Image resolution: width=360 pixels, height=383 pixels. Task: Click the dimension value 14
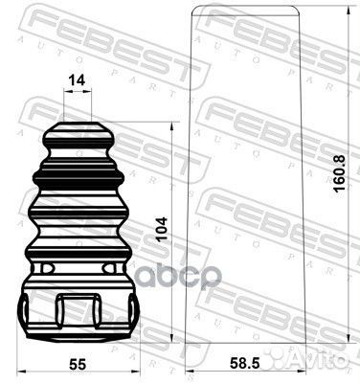(x=78, y=79)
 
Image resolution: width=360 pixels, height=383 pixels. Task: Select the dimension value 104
(x=162, y=230)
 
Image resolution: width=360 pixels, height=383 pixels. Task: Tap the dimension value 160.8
(x=340, y=173)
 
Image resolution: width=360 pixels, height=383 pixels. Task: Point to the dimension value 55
(x=78, y=364)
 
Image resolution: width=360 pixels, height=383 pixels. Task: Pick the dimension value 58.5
(x=245, y=364)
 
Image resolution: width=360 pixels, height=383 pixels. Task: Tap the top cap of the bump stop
(x=79, y=133)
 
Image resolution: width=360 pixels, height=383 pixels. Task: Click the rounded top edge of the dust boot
(x=246, y=8)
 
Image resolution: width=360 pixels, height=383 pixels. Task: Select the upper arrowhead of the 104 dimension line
(x=172, y=126)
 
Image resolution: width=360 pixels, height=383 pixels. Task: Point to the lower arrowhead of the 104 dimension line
(x=172, y=339)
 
